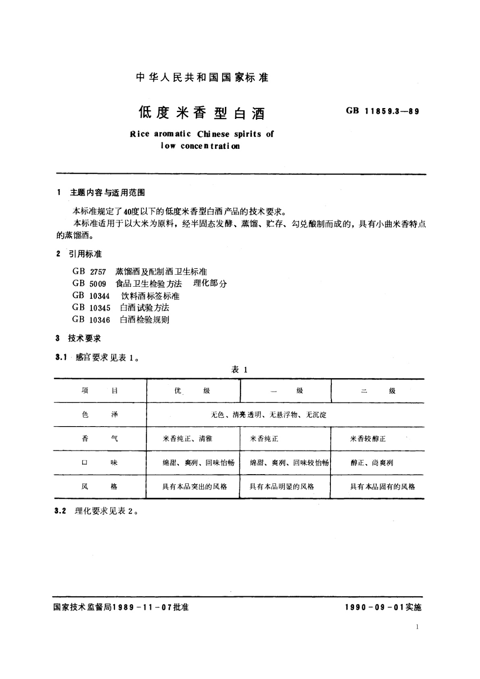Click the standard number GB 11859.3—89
(x=382, y=111)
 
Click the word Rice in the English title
(x=139, y=134)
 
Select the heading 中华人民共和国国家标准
(x=202, y=77)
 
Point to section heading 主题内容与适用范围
(x=107, y=193)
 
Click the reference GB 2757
(x=89, y=272)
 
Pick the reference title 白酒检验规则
(x=145, y=320)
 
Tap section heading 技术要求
(x=84, y=339)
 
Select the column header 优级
(x=192, y=391)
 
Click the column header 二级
(x=378, y=391)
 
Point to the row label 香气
(x=100, y=439)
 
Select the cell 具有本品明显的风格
(x=282, y=487)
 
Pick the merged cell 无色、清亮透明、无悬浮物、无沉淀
(x=268, y=415)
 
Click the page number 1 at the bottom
(x=417, y=627)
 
